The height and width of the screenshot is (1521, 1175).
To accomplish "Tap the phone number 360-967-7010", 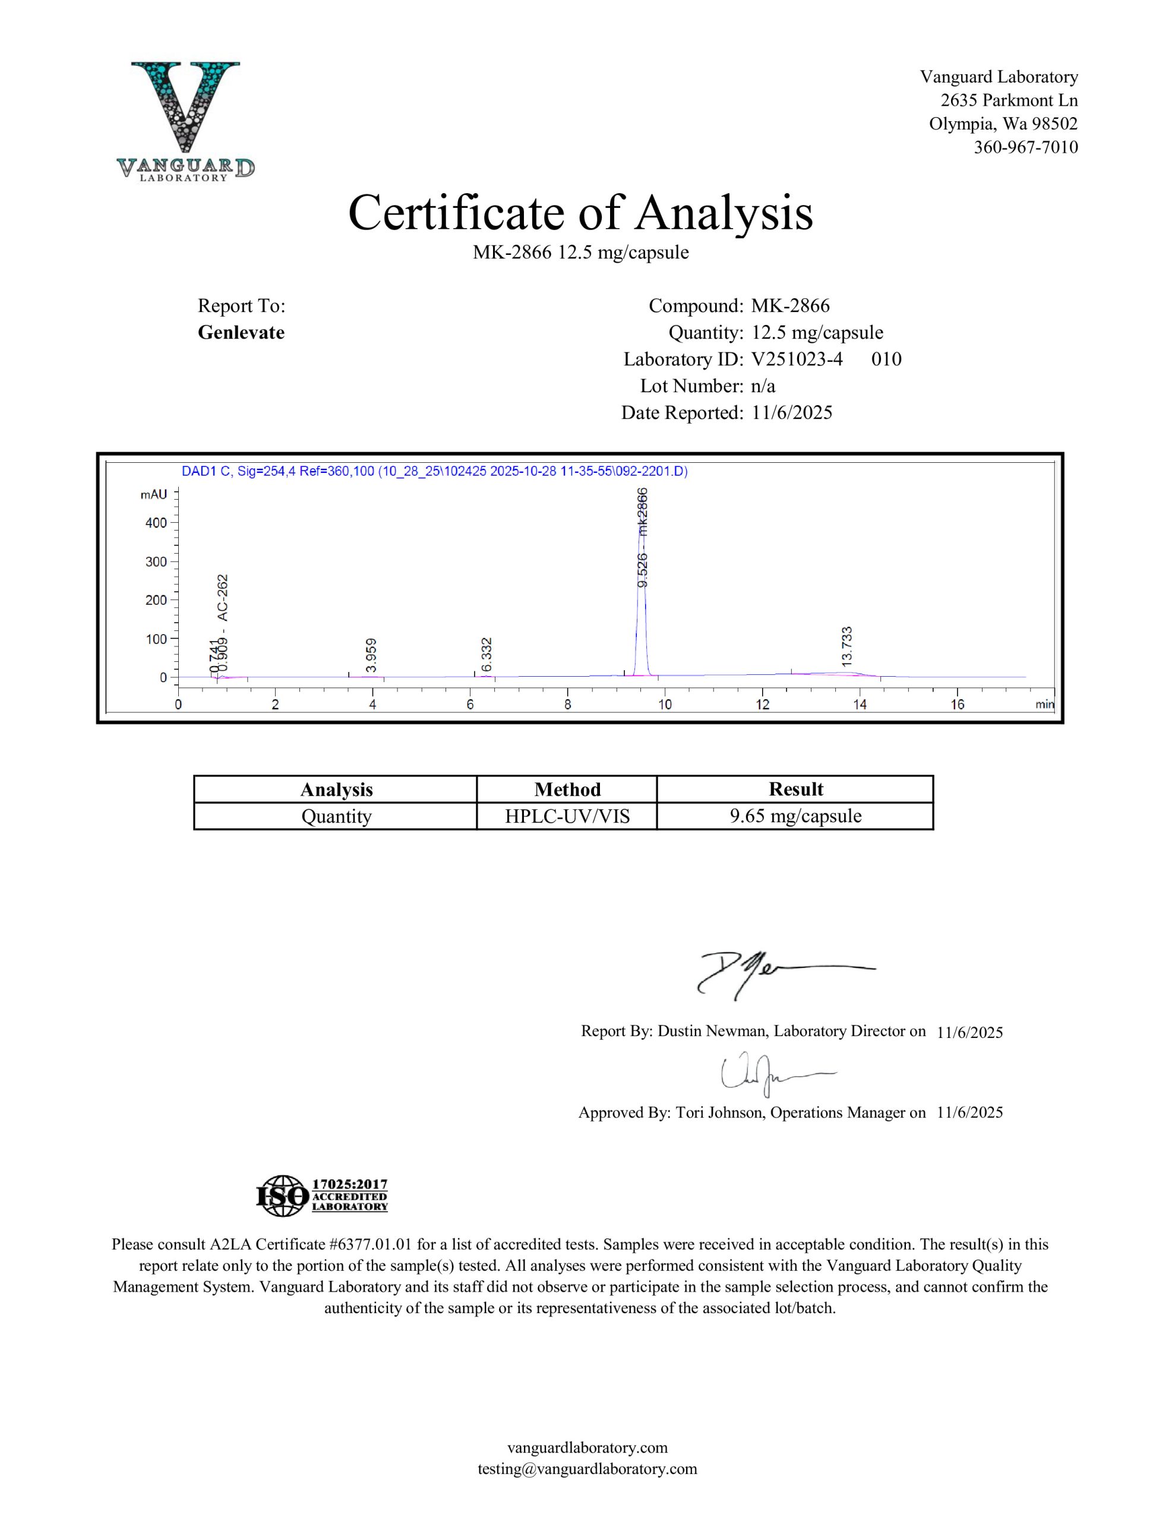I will click(x=1025, y=147).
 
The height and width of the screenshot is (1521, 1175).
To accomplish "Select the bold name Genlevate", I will click(x=241, y=332).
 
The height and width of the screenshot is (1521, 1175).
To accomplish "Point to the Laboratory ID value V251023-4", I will click(x=797, y=359).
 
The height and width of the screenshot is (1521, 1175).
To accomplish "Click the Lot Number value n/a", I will click(x=763, y=386).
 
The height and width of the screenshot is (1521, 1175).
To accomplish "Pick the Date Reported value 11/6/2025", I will click(x=792, y=413).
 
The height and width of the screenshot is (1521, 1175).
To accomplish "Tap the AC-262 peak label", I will click(x=222, y=597).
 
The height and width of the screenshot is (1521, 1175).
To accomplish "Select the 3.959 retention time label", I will click(x=371, y=655).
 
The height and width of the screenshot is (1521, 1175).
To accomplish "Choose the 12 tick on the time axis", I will click(x=763, y=704).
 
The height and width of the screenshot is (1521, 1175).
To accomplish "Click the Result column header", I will click(x=795, y=789).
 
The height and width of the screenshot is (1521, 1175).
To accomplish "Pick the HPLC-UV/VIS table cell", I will click(x=567, y=816).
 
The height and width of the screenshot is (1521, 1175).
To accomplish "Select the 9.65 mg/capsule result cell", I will click(x=795, y=816).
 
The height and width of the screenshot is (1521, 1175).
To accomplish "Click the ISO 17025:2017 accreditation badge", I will click(x=323, y=1197).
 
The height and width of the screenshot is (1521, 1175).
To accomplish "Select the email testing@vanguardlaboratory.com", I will click(x=586, y=1469).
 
